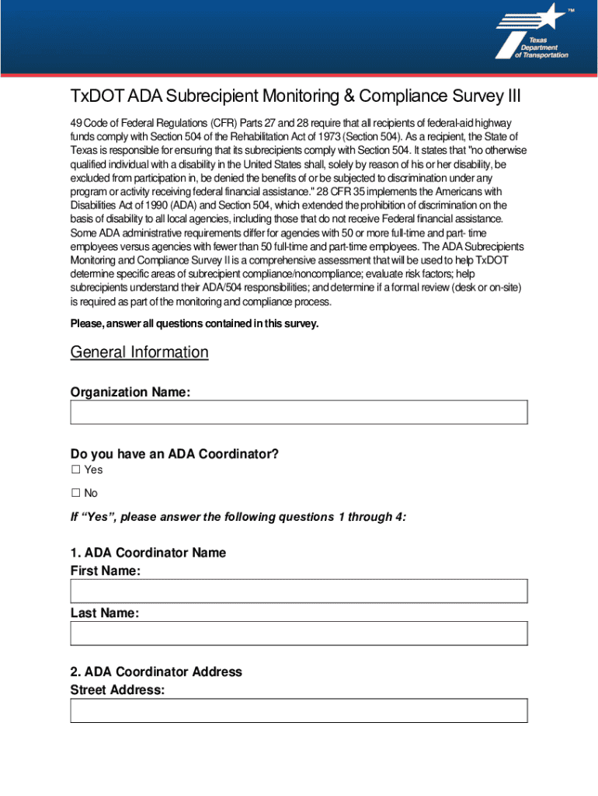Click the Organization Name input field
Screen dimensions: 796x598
[299, 412]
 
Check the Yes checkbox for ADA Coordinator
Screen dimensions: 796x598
[76, 470]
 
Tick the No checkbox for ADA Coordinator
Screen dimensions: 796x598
[76, 494]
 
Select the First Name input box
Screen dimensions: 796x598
[299, 591]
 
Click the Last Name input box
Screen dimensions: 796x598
[299, 633]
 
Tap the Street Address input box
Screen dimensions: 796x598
[299, 710]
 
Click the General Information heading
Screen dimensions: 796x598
[140, 352]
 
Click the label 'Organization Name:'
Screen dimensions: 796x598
[130, 393]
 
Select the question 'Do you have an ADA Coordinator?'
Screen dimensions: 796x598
[174, 454]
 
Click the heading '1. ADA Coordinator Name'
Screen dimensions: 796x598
[148, 553]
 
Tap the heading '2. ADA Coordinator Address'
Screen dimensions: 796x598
[156, 672]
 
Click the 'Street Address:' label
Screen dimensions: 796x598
[117, 689]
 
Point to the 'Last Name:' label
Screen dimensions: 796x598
[105, 613]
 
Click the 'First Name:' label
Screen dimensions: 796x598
[106, 571]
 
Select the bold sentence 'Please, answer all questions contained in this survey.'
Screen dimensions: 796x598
[194, 323]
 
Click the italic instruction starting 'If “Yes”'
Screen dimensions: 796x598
[238, 517]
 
